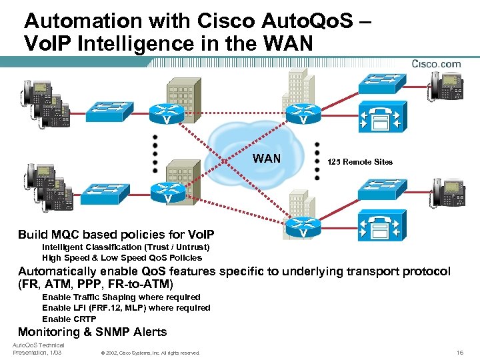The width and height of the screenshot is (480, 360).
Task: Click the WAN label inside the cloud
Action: (x=267, y=159)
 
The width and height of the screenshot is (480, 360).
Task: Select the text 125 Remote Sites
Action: (x=360, y=162)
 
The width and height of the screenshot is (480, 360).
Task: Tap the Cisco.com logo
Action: (x=436, y=64)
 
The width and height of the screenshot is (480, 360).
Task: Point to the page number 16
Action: (x=460, y=352)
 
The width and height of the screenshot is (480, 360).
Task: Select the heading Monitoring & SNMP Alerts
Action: (x=92, y=332)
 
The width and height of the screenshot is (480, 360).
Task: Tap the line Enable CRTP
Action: (x=69, y=319)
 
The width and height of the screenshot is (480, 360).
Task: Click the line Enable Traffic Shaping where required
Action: (x=121, y=297)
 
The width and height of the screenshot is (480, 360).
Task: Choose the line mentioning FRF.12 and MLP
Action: (x=125, y=308)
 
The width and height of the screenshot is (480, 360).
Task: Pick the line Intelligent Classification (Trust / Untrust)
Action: (x=125, y=247)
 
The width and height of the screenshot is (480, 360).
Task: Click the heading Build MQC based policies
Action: (x=116, y=235)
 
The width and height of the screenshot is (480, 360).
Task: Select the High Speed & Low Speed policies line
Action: (x=121, y=257)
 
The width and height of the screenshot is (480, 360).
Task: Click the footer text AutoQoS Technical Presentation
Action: (x=37, y=349)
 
